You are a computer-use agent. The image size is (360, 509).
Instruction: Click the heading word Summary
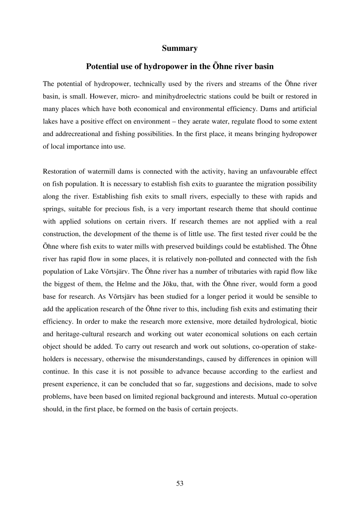tap(180, 48)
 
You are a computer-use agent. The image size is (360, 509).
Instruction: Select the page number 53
tap(180, 483)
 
